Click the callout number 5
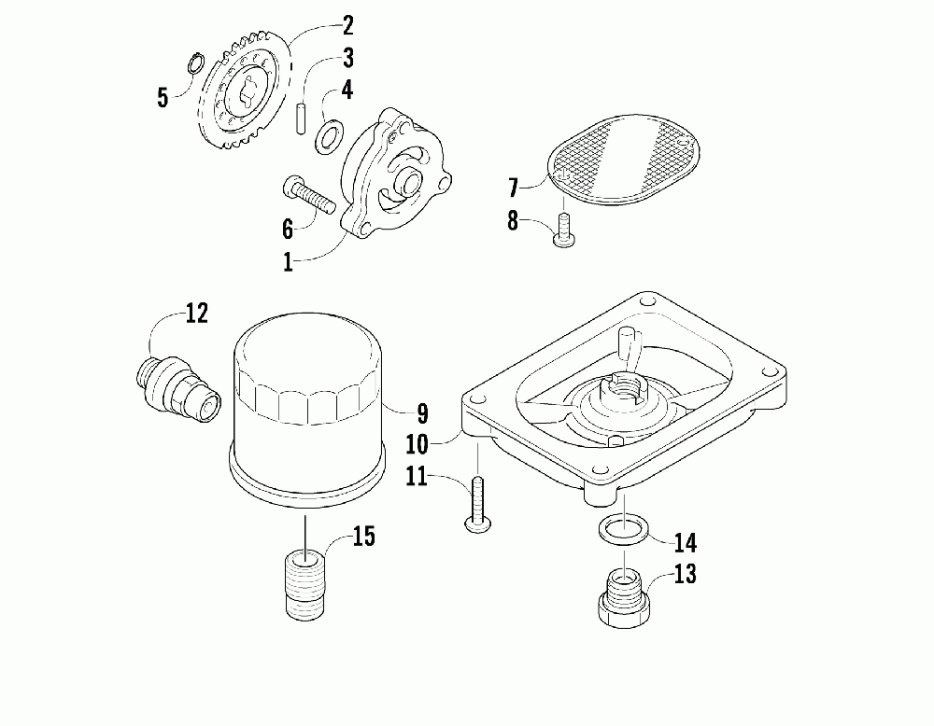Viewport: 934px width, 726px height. [x=163, y=96]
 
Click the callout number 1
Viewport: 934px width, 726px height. [x=289, y=262]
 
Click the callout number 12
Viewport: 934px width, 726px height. [x=196, y=314]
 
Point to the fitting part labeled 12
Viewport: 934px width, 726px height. [x=177, y=383]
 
